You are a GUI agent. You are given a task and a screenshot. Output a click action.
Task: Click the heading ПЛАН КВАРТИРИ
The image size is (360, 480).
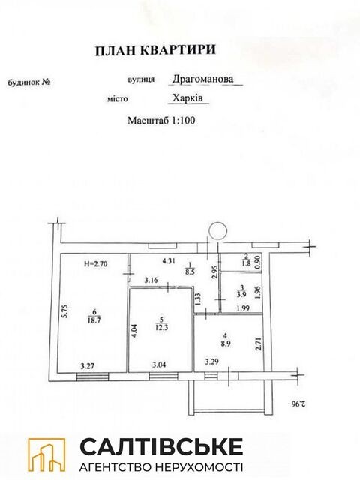(x=155, y=50)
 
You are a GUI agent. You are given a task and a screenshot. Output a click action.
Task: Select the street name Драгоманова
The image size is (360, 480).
(x=202, y=79)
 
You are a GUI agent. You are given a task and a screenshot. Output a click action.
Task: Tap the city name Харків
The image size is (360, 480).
(x=187, y=97)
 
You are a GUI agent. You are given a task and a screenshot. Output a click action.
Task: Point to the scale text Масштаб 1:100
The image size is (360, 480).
(x=161, y=120)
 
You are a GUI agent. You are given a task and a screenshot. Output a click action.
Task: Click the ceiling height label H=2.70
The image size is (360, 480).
(x=95, y=263)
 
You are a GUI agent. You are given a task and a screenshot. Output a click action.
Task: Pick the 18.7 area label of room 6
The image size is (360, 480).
(x=94, y=320)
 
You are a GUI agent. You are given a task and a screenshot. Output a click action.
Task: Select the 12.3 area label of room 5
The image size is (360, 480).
(x=162, y=327)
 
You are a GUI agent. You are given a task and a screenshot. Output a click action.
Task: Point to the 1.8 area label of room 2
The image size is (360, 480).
(x=247, y=262)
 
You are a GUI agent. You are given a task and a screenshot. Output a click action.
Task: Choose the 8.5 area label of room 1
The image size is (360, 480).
(x=190, y=271)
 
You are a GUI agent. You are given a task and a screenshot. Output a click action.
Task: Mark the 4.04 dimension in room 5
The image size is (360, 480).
(x=135, y=331)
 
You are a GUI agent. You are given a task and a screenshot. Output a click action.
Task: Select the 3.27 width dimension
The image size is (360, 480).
(x=88, y=365)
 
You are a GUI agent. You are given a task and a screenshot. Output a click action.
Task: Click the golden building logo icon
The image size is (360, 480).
(x=46, y=454)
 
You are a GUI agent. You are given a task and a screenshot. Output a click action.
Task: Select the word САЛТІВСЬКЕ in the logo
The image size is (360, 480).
(x=161, y=447)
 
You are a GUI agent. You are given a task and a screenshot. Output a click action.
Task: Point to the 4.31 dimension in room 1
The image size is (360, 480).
(x=169, y=261)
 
